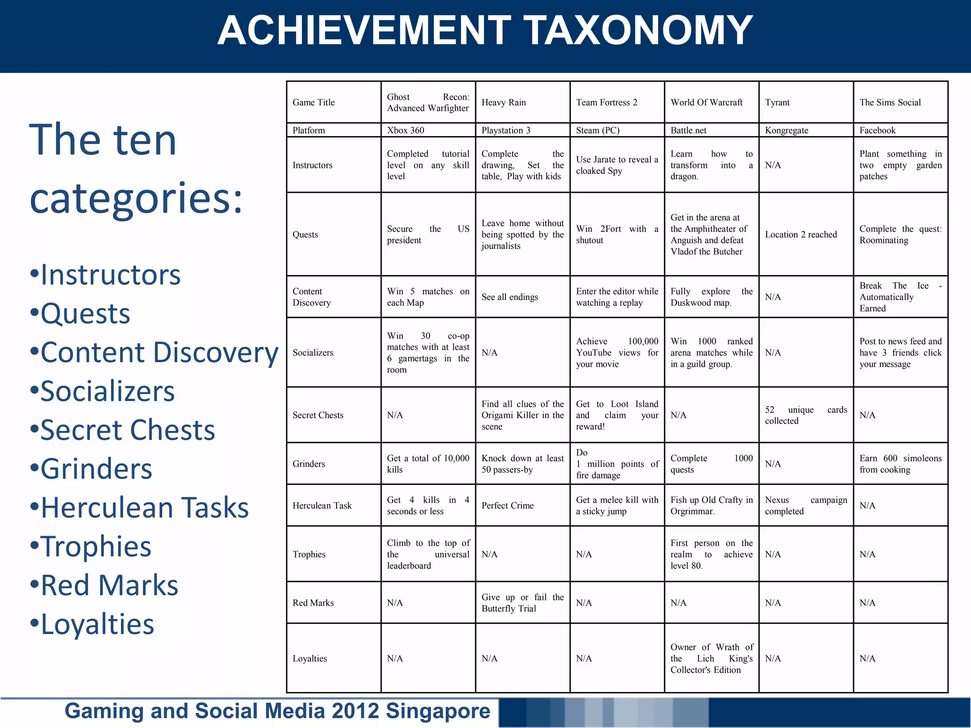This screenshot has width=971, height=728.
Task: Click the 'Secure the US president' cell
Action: [x=428, y=235]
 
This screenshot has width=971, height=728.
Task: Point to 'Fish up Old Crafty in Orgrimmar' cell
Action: [x=711, y=506]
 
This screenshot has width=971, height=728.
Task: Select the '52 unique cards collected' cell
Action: [x=806, y=415]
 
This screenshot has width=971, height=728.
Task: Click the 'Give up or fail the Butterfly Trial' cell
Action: [x=522, y=603]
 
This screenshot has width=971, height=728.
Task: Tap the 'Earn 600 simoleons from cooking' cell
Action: [x=900, y=464]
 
